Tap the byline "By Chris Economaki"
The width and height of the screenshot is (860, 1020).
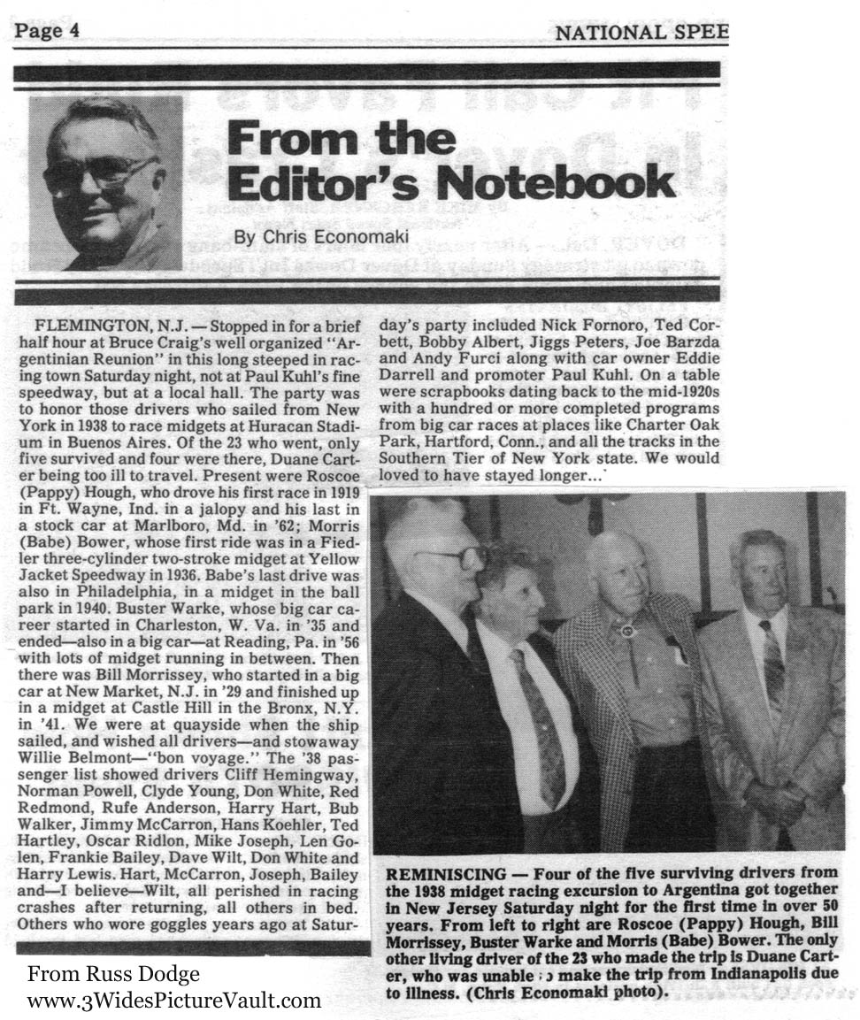point(299,238)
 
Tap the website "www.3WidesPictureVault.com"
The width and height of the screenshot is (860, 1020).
point(173,1001)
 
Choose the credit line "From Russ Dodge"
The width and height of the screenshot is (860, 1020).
point(113,974)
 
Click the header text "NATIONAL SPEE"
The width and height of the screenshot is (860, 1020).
point(641,33)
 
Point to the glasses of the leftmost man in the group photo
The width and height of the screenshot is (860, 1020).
point(451,557)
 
